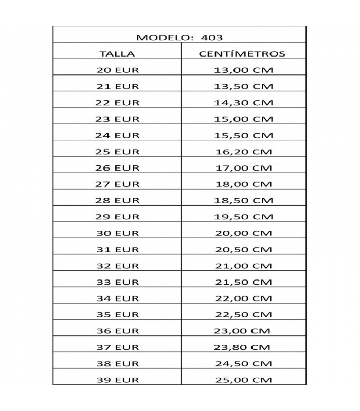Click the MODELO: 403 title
pos(179,38)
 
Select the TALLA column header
pos(117,53)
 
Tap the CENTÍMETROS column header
pos(242,53)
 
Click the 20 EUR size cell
pos(117,70)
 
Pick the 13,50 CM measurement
pos(243,86)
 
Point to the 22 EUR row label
pos(117,103)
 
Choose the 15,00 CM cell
pos(243,119)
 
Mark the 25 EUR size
pos(117,152)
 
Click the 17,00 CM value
pos(243,168)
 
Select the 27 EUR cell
pos(117,184)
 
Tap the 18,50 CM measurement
pos(243,200)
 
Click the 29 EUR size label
pos(117,217)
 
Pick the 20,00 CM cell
pos(243,233)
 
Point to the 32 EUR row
pos(117,266)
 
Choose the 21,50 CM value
pos(243,282)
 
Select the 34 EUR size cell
pos(117,298)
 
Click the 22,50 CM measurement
pos(243,314)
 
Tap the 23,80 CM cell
pos(243,347)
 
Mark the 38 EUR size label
pos(117,364)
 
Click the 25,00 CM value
pos(243,380)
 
